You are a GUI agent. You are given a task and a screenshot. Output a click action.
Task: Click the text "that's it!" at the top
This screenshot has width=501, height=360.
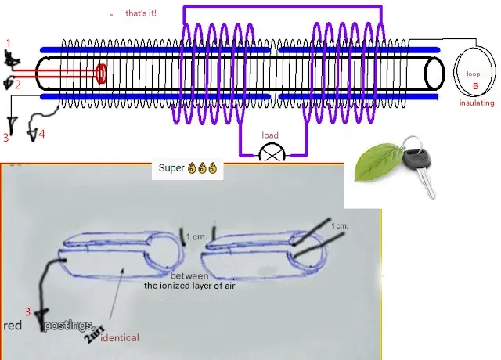pyautogui.click(x=141, y=13)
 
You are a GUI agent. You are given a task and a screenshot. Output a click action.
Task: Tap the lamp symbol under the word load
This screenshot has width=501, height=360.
pyautogui.click(x=272, y=153)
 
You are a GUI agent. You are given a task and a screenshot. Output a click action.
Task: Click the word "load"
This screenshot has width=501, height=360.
pyautogui.click(x=270, y=135)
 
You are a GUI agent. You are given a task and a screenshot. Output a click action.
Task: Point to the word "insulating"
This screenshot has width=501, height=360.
pyautogui.click(x=477, y=103)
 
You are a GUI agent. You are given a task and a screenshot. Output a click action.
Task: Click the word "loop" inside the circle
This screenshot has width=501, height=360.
pyautogui.click(x=474, y=74)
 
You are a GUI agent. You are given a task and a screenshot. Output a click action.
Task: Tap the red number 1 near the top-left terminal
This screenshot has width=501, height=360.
pyautogui.click(x=9, y=42)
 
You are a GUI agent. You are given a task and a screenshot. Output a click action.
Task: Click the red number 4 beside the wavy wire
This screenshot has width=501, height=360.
pyautogui.click(x=41, y=134)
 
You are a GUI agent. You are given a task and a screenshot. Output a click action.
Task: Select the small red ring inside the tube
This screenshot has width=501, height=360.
pyautogui.click(x=102, y=74)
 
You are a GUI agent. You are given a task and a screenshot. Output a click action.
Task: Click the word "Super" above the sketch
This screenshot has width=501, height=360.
pyautogui.click(x=171, y=168)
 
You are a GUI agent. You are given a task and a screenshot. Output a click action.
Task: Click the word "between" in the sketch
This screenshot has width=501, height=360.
pyautogui.click(x=187, y=275)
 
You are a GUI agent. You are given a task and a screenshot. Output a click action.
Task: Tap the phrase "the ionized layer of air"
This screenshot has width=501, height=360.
pyautogui.click(x=189, y=286)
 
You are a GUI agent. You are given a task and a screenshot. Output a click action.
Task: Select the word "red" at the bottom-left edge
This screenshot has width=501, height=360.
pyautogui.click(x=13, y=325)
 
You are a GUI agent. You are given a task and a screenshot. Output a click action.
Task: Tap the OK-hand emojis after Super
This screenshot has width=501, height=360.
pyautogui.click(x=201, y=168)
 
